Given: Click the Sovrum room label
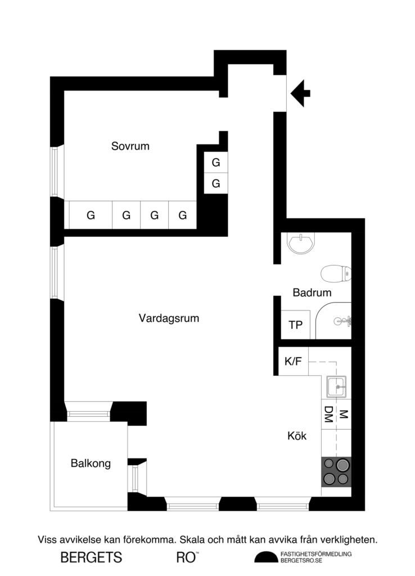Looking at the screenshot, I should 130,147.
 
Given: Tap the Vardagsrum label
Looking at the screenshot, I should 169,318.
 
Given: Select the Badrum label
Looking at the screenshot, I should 312,292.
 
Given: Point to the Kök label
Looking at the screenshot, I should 297,435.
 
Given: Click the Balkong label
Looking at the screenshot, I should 91,464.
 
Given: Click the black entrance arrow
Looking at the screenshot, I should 301,93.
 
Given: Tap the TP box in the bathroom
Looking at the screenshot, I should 295,325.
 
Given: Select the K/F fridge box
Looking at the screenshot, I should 293,362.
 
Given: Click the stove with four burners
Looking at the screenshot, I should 336,471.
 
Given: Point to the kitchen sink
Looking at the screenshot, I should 336,387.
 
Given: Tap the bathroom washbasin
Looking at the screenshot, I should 301,242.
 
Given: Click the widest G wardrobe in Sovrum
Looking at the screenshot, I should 91,215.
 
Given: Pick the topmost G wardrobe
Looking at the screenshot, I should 215,163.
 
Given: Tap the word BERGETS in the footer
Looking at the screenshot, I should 91,557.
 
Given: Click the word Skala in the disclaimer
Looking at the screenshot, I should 195,540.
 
